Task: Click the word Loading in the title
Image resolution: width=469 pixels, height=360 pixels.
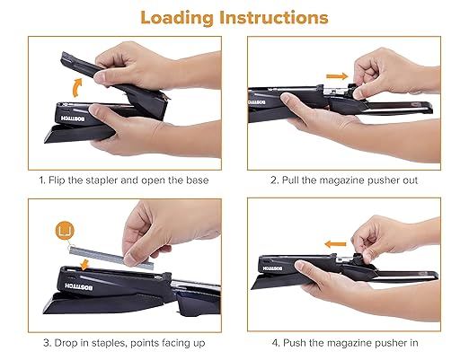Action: point(185,17)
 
